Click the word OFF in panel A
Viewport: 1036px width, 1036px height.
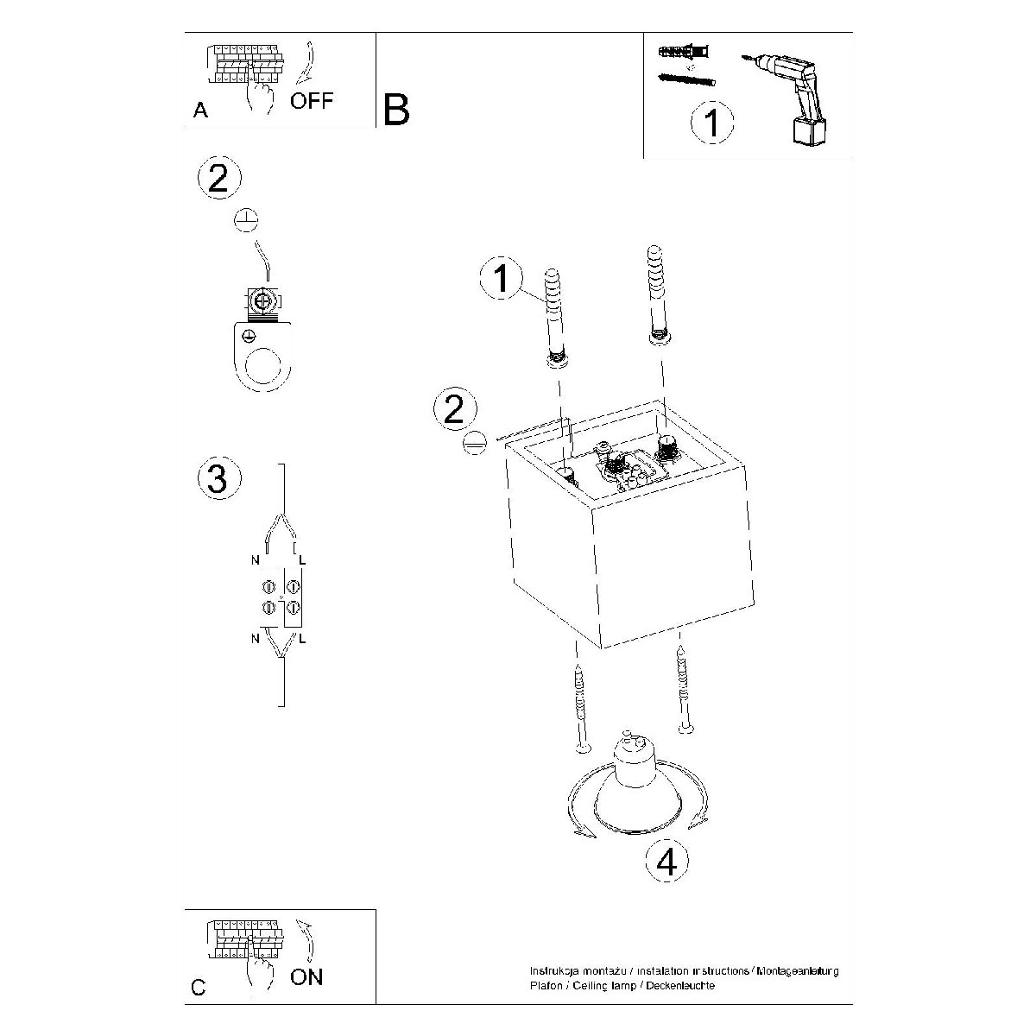click(x=312, y=101)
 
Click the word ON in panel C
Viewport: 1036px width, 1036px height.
click(x=306, y=977)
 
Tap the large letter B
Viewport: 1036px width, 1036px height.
click(x=396, y=110)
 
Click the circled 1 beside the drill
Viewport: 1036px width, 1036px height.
click(x=711, y=123)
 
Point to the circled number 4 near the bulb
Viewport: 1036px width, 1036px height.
click(x=666, y=861)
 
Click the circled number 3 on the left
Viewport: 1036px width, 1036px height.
click(x=218, y=479)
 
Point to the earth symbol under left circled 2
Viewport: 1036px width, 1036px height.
click(x=247, y=219)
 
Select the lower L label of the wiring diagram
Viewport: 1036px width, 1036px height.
click(x=302, y=639)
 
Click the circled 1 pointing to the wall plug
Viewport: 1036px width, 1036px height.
click(x=502, y=281)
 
